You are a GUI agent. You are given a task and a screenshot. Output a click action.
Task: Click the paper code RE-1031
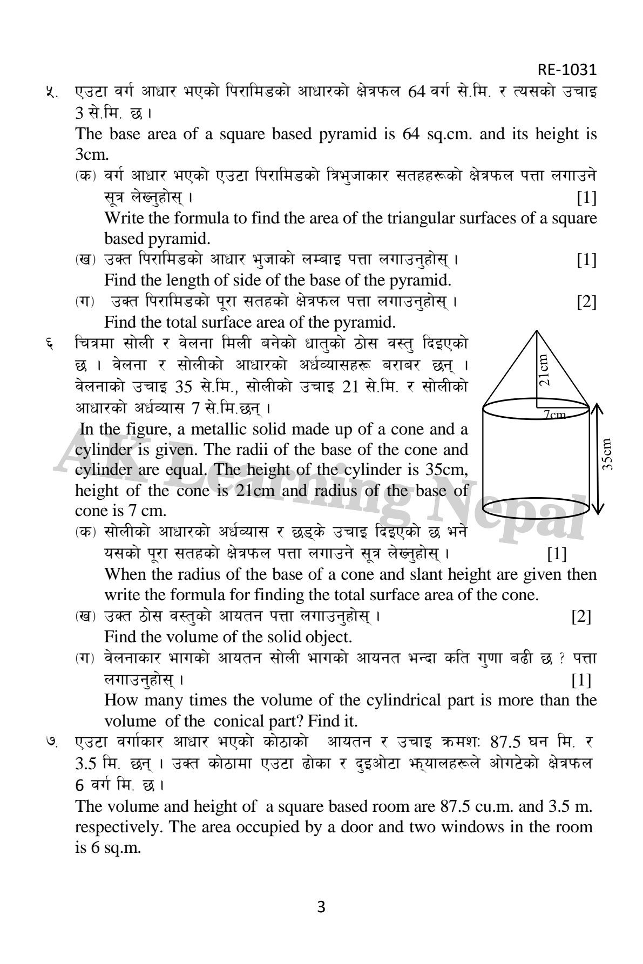[x=566, y=70]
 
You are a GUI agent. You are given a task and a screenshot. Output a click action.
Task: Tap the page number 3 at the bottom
[x=321, y=907]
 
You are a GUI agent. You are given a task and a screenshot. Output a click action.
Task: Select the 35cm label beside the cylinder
[x=608, y=454]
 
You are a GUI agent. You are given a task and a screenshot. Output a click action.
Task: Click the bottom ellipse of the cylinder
[x=536, y=507]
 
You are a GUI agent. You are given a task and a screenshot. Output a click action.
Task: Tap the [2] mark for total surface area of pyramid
[x=586, y=302]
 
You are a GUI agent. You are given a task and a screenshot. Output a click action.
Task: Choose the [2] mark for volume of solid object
[x=581, y=616]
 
